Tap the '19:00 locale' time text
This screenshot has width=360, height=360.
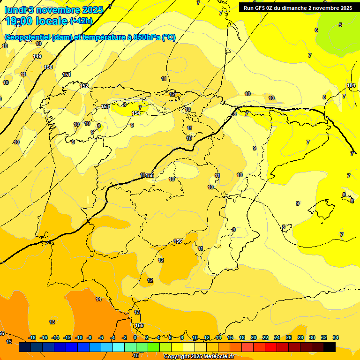(x=37, y=21)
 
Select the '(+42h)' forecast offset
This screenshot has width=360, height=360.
(x=82, y=21)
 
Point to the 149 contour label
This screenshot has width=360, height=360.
(x=37, y=56)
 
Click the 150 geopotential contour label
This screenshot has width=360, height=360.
(x=48, y=67)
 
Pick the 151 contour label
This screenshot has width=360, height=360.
(x=67, y=75)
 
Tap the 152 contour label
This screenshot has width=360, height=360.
(x=84, y=85)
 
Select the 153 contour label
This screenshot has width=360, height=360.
(x=105, y=106)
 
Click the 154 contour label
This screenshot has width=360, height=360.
(x=136, y=113)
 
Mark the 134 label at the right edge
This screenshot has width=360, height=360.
(x=351, y=85)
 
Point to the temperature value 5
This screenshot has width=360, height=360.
(x=340, y=25)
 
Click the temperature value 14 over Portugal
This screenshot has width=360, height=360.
(x=98, y=299)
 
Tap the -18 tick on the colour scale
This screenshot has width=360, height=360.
(x=32, y=337)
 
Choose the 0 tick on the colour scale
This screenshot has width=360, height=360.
(x=135, y=337)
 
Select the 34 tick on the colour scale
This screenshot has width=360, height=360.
(x=335, y=337)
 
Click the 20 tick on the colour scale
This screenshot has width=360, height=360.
(x=253, y=337)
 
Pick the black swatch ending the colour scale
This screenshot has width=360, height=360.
(x=329, y=347)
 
